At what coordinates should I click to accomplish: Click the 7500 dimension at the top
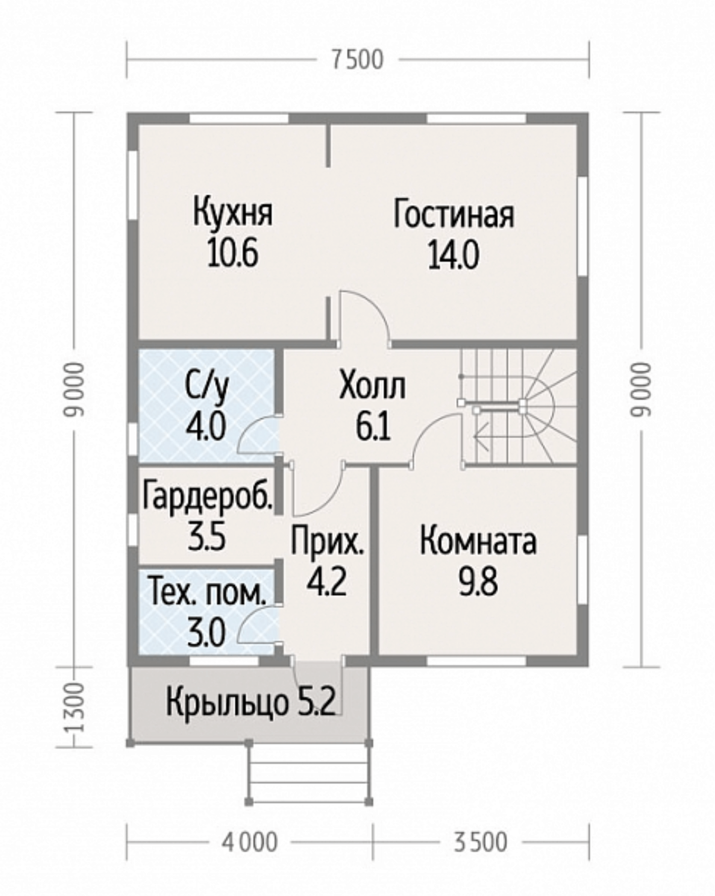click(x=357, y=60)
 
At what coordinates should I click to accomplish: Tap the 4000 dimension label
click(x=249, y=843)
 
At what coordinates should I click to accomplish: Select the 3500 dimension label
click(x=481, y=843)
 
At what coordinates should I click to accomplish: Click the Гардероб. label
click(x=207, y=495)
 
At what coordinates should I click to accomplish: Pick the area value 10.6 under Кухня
click(x=233, y=254)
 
